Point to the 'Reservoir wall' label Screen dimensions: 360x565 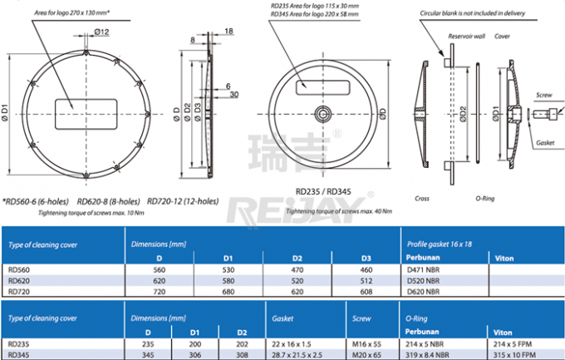[466, 37]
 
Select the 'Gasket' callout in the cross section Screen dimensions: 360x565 [543, 143]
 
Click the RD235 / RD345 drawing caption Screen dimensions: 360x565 [322, 191]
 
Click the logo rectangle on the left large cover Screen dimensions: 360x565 [76, 107]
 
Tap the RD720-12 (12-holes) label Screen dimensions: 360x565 [180, 201]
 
